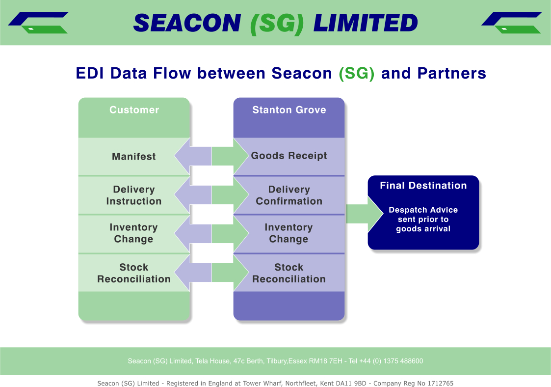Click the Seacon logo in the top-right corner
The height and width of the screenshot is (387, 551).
[512, 23]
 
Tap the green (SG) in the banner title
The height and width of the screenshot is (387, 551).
[277, 23]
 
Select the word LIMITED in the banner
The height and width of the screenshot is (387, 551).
[366, 23]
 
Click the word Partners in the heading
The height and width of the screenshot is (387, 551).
[452, 73]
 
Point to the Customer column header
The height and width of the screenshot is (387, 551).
[134, 110]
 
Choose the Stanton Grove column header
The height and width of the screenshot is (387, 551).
[289, 110]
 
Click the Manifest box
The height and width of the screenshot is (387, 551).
[134, 157]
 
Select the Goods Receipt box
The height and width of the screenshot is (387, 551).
[289, 156]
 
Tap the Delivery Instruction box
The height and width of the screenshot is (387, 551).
[134, 195]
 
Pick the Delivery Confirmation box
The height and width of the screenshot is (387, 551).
[289, 195]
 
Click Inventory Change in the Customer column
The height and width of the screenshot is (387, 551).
[134, 233]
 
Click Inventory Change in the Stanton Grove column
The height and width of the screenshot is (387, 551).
[289, 233]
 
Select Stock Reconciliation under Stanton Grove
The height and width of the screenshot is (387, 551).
[289, 273]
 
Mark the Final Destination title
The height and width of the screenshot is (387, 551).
[423, 186]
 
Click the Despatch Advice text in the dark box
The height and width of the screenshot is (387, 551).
[423, 219]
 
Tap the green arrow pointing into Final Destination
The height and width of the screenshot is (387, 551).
[365, 214]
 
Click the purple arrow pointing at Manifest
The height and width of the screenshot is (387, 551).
[193, 156]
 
